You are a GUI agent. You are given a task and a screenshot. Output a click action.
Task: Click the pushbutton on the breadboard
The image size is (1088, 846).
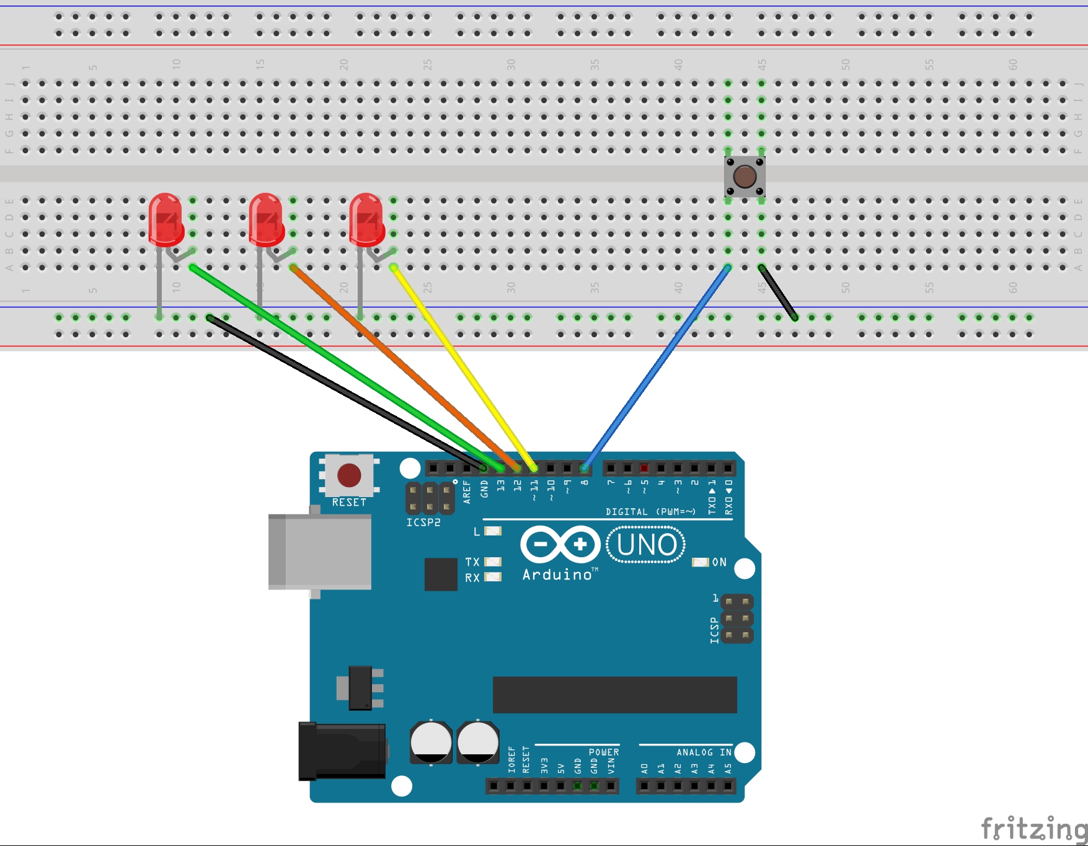(745, 177)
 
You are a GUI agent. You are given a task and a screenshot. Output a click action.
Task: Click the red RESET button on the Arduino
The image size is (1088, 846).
(349, 475)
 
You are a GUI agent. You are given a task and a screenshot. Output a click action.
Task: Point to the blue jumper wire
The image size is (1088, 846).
(657, 366)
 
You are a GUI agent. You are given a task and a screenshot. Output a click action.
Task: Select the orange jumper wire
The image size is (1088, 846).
(403, 366)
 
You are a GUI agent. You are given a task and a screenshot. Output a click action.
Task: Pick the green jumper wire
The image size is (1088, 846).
(347, 366)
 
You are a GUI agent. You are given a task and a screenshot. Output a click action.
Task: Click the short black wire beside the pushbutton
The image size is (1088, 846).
(778, 293)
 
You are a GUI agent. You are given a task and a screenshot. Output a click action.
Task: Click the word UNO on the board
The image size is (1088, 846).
(646, 545)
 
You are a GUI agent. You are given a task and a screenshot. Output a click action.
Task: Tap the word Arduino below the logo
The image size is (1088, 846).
(558, 575)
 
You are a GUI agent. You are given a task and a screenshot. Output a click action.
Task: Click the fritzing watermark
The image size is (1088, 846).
(1033, 828)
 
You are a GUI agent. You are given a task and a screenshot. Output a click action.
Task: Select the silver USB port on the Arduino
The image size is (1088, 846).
(320, 552)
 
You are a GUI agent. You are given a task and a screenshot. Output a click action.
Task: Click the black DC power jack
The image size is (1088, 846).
(342, 751)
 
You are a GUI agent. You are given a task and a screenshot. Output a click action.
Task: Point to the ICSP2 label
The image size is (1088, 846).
(423, 522)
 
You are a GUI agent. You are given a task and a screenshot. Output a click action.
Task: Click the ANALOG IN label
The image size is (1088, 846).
(704, 752)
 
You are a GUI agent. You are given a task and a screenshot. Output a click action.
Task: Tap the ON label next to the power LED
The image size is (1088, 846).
(719, 562)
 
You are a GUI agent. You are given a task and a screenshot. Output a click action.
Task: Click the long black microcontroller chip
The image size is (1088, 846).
(614, 695)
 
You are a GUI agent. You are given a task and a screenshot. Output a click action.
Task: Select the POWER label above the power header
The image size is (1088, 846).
(604, 752)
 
